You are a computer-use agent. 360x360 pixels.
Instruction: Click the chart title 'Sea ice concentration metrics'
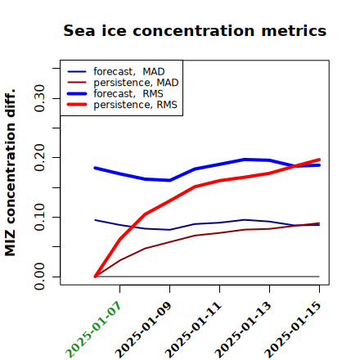point(195,30)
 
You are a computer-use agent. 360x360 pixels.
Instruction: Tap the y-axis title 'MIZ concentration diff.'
point(10,173)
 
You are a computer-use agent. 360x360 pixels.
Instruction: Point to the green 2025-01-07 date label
point(93,330)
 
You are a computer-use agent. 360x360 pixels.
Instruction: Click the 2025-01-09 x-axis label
point(144,330)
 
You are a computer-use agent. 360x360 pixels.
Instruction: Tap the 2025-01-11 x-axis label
point(194,330)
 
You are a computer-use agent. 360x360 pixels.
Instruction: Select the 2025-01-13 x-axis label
point(244,330)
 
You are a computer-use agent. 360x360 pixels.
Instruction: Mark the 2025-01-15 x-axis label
point(294,330)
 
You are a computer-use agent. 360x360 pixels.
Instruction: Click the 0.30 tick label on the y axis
point(39,98)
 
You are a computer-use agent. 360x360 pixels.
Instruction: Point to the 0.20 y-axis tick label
point(39,158)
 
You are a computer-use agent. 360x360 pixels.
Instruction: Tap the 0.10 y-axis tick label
point(39,217)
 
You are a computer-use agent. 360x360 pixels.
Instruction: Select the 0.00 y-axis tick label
point(39,277)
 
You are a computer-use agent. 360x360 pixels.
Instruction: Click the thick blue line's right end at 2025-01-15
point(319,165)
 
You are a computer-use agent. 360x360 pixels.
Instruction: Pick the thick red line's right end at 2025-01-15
point(319,160)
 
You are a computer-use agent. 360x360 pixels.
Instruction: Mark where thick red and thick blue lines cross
point(296,165)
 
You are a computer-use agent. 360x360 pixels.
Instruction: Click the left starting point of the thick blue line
point(95,168)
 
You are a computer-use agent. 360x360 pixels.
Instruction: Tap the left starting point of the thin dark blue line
point(95,220)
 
